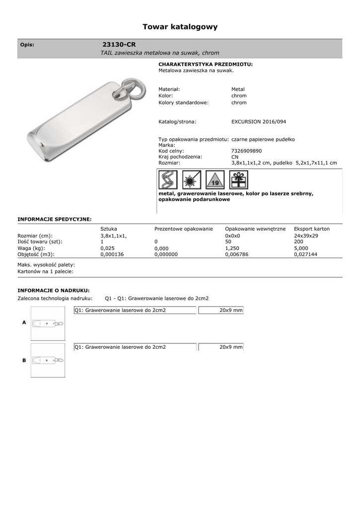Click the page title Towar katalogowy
[180, 27]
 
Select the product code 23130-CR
[119, 44]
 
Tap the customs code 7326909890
[246, 151]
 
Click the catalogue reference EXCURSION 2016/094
[258, 122]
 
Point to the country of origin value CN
[235, 157]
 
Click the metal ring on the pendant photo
[134, 88]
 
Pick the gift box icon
[239, 180]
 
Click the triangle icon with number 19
[215, 180]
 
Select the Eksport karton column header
[312, 229]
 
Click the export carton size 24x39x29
[306, 236]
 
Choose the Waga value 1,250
[232, 248]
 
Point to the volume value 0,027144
[305, 254]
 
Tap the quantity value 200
[298, 242]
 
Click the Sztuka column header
[109, 229]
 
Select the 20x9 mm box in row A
[220, 311]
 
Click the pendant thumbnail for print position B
[47, 360]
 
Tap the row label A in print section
[24, 322]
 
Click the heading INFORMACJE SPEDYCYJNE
[55, 219]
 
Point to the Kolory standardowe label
[183, 103]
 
